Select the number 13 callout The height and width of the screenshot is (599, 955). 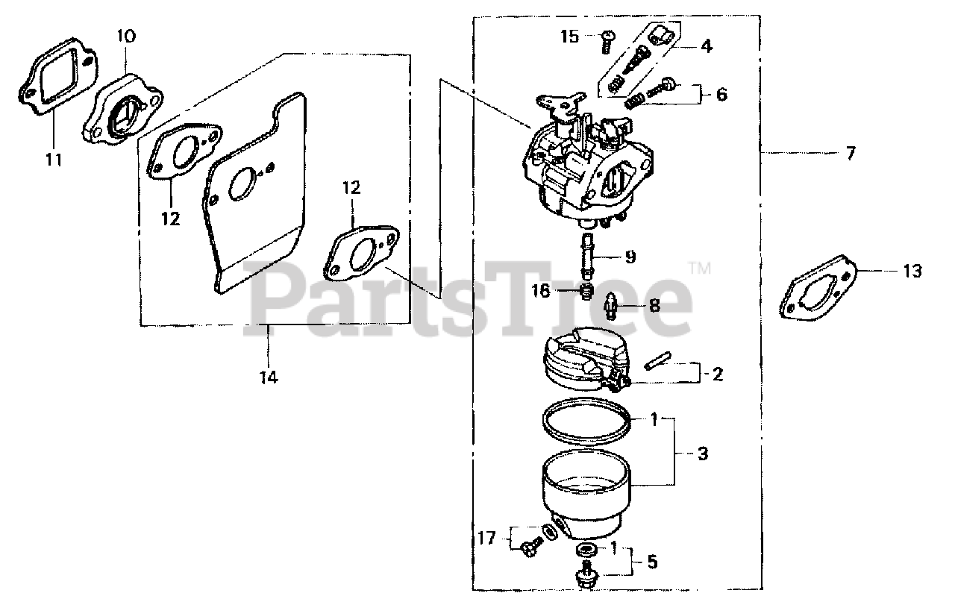pyautogui.click(x=912, y=272)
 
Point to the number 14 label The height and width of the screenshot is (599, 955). pyautogui.click(x=269, y=378)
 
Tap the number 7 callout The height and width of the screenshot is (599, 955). pyautogui.click(x=851, y=154)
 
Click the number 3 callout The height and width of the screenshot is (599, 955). pyautogui.click(x=703, y=454)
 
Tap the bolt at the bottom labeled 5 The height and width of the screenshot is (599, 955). pyautogui.click(x=586, y=576)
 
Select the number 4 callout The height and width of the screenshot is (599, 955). pyautogui.click(x=706, y=46)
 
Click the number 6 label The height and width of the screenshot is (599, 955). pyautogui.click(x=721, y=95)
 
